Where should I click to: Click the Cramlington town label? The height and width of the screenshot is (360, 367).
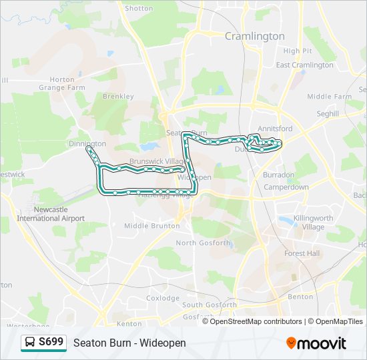point(254,36)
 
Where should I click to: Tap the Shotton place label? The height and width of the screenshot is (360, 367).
point(139,9)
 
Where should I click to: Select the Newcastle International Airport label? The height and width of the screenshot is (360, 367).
point(51,214)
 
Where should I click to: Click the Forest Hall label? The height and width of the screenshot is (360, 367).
point(302,253)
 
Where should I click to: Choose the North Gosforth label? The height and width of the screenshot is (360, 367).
point(203,243)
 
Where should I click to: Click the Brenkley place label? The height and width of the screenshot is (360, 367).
point(118,96)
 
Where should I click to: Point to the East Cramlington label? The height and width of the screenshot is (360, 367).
point(304,65)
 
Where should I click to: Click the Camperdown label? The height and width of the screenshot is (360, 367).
point(286,187)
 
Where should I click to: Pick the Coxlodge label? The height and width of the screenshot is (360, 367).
point(163,298)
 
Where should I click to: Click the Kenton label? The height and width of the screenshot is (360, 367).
point(129,324)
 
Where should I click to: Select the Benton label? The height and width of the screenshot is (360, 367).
point(300,296)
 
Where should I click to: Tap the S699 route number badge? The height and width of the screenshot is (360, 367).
point(51,343)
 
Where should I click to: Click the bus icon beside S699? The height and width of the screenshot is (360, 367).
point(31,343)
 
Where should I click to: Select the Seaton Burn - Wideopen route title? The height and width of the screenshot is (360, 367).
point(129,343)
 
